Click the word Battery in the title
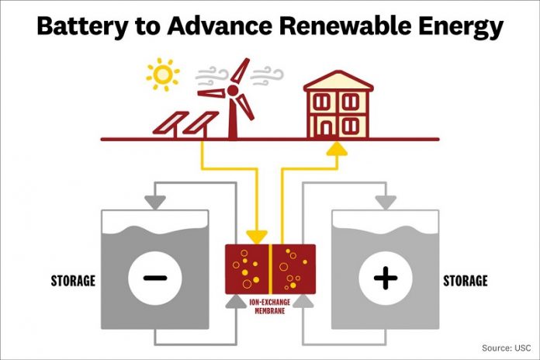(x=81, y=26)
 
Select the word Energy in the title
(x=461, y=27)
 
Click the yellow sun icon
(x=163, y=74)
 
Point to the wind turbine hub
(x=233, y=91)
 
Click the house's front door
(x=325, y=128)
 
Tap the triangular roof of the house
(x=338, y=81)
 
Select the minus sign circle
(x=155, y=278)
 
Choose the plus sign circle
(x=386, y=278)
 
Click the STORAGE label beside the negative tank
(x=73, y=281)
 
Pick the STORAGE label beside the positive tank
(x=466, y=281)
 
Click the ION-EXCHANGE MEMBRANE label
(x=270, y=306)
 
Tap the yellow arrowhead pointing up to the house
(x=337, y=149)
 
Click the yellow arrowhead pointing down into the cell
(x=257, y=237)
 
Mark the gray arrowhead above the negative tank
(x=155, y=202)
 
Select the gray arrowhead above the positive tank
(x=386, y=202)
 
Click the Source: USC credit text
(x=506, y=348)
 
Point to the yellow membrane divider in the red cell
(x=270, y=269)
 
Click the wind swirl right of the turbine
(x=267, y=76)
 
